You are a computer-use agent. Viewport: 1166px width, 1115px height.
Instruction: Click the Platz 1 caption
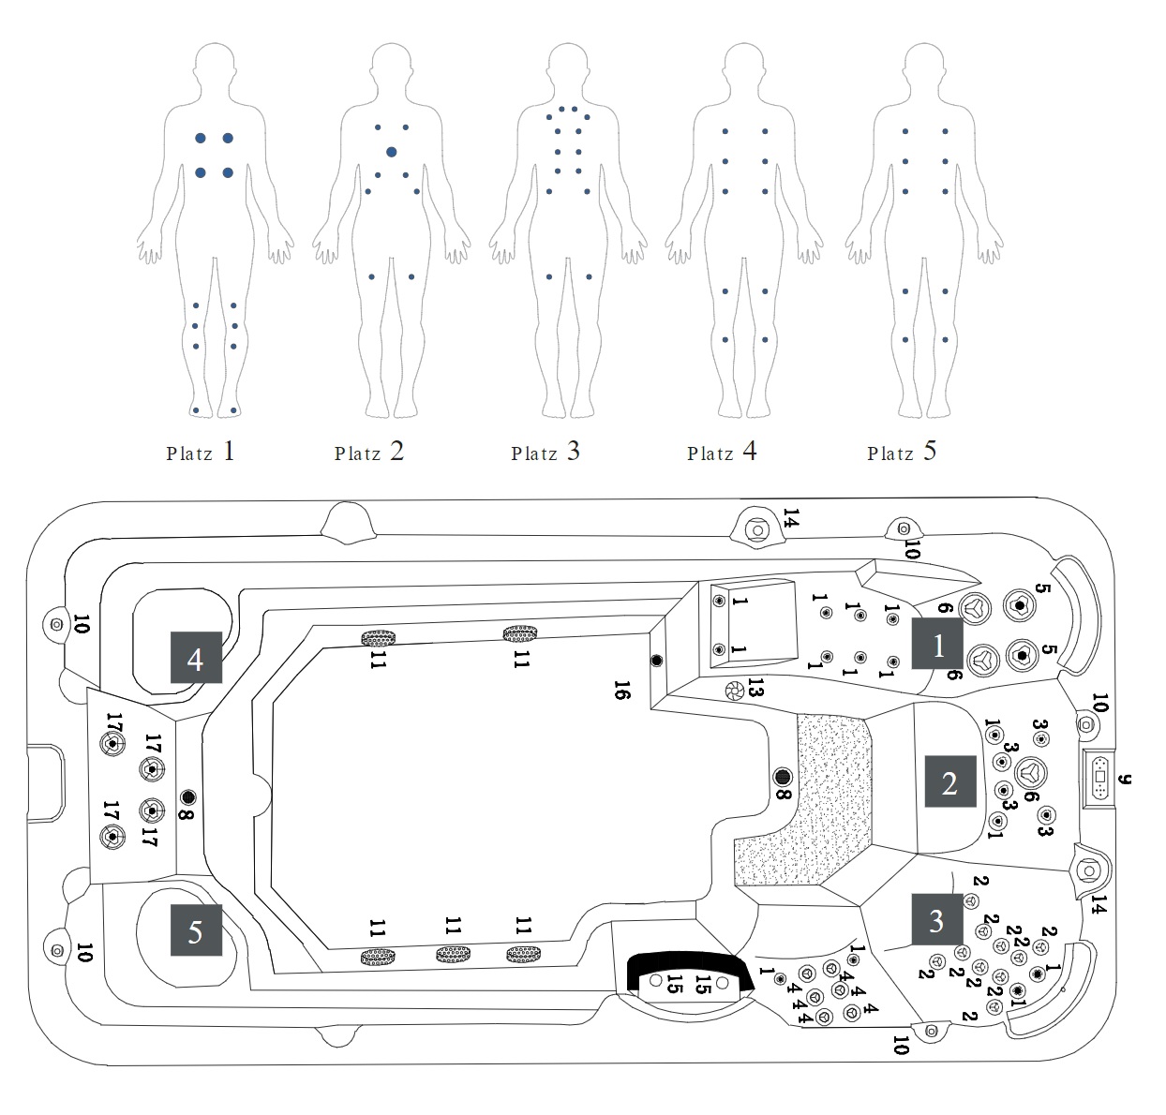point(201,453)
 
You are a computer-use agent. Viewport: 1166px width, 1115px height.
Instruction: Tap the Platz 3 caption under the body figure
point(546,453)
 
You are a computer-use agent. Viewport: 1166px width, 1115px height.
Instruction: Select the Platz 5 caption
point(902,453)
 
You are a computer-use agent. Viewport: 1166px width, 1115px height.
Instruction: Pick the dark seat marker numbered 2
point(949,782)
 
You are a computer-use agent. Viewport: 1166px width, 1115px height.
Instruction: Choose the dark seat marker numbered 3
point(935,920)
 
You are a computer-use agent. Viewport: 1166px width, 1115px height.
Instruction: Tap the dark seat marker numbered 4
point(195,659)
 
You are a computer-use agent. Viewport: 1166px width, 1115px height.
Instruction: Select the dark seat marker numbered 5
point(195,930)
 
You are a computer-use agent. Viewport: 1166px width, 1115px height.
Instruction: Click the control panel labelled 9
point(1100,778)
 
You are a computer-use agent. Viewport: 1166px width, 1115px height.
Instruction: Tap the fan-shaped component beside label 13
point(734,691)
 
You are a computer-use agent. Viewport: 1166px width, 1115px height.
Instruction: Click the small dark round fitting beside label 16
point(656,661)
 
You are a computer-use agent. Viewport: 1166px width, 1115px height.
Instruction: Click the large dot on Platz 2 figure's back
point(391,152)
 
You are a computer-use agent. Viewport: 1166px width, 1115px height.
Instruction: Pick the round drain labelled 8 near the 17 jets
point(188,797)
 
